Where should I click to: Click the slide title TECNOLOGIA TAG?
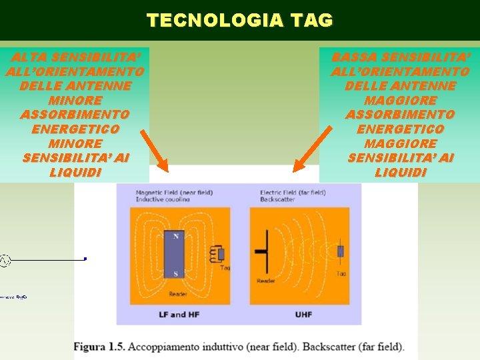240,21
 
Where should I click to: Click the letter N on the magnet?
176,236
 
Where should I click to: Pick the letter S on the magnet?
176,274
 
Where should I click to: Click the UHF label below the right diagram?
304,314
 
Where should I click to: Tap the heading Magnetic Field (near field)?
174,193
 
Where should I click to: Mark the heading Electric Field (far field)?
293,193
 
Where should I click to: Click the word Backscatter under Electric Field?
277,199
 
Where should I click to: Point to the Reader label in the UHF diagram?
266,281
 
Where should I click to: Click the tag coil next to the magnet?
218,253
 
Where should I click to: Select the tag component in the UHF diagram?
341,251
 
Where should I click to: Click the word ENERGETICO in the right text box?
400,129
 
